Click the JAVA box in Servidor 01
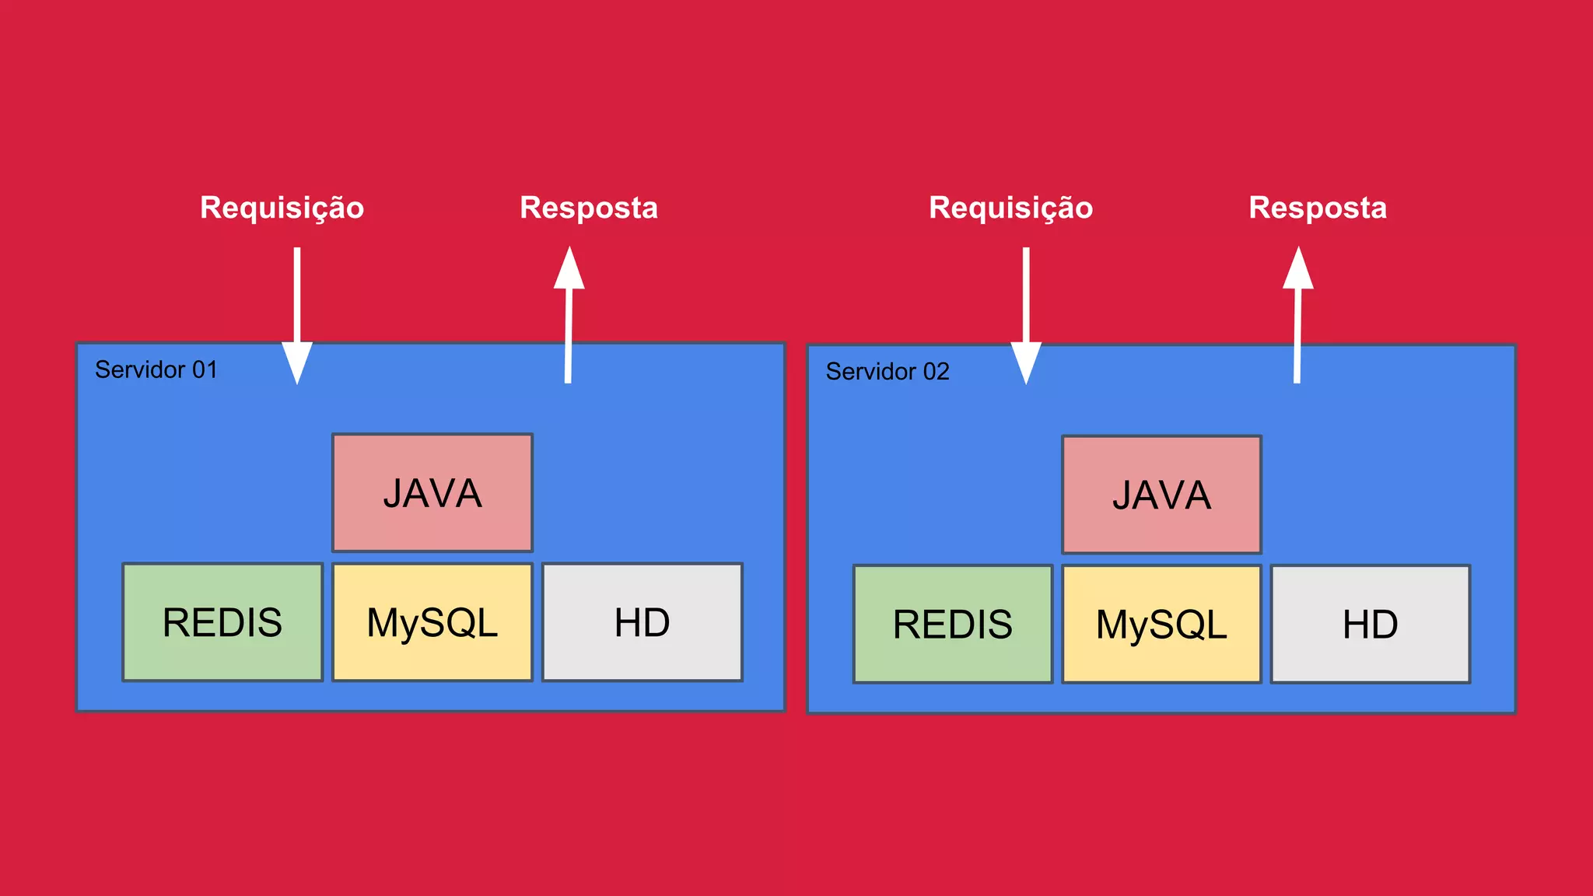click(x=432, y=493)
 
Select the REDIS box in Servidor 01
click(x=222, y=622)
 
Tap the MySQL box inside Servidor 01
click(x=432, y=622)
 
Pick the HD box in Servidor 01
click(x=642, y=622)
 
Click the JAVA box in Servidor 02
click(x=1161, y=495)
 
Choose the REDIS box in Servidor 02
click(x=953, y=625)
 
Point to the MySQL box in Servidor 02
click(x=1161, y=625)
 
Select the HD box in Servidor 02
click(x=1371, y=625)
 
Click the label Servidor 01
click(x=156, y=369)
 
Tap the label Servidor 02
click(x=888, y=372)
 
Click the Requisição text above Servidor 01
click(x=282, y=208)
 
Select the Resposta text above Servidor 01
click(x=589, y=208)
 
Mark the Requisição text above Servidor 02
click(x=1010, y=208)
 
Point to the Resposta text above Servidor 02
click(x=1318, y=208)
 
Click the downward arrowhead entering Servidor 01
click(x=297, y=362)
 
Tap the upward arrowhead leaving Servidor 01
click(x=569, y=269)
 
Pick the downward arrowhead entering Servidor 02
click(x=1026, y=362)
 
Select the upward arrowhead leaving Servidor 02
click(x=1298, y=269)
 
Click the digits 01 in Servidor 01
click(x=205, y=369)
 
